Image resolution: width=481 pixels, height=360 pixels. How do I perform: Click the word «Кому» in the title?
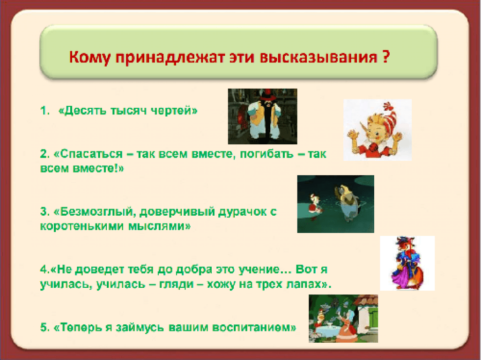tap(89, 57)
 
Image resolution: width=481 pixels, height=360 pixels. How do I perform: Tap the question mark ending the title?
tap(386, 56)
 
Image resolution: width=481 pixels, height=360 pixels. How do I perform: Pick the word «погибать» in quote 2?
tap(266, 154)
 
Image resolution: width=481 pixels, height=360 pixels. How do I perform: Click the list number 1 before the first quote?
tap(45, 111)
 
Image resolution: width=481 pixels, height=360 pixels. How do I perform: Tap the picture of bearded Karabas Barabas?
tap(263, 116)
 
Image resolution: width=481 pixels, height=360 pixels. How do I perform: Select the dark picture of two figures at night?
tap(336, 204)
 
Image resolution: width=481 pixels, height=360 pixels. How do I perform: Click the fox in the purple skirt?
tap(407, 263)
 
